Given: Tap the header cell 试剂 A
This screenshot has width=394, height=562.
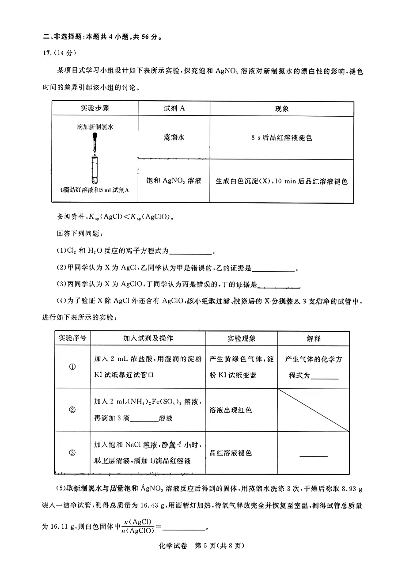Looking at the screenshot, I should point(174,109).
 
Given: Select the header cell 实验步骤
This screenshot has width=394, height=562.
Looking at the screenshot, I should point(95,109).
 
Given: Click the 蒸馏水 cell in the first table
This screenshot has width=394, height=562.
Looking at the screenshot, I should point(174,137).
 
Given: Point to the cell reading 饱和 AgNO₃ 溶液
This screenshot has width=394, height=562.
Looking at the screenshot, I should point(174,181).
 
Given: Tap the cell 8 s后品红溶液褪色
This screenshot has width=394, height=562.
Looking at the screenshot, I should point(281,138).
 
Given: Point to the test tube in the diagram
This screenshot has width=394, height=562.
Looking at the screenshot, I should point(94,170).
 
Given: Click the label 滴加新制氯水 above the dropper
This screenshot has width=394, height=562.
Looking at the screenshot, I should point(95,127).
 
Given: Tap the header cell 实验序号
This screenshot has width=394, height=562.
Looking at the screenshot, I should point(72,338).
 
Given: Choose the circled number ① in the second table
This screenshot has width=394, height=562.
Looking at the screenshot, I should point(72,367).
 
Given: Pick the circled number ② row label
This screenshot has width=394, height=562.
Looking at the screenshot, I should point(72,410).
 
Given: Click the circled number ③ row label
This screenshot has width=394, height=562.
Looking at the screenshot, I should point(72,452).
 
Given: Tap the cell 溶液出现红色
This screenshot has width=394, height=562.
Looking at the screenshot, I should point(231,410).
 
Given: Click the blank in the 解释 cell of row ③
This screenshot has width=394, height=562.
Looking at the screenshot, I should point(314,455).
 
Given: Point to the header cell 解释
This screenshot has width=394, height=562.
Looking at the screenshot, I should point(314,338).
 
